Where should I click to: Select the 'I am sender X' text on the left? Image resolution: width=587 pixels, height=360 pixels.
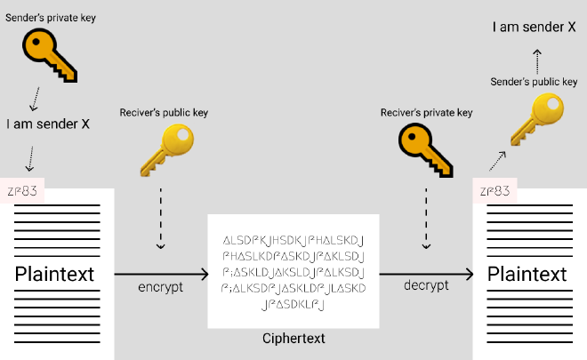48,124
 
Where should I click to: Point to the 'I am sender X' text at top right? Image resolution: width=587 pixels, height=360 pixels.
535,28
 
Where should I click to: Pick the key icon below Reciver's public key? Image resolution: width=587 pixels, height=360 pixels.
166,149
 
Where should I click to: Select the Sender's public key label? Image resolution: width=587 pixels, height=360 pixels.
534,82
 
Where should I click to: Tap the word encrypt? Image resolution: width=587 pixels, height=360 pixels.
161,289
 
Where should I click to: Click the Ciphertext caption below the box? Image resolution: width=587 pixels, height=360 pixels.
293,340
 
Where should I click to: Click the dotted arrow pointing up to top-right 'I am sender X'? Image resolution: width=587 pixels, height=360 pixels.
536,60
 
